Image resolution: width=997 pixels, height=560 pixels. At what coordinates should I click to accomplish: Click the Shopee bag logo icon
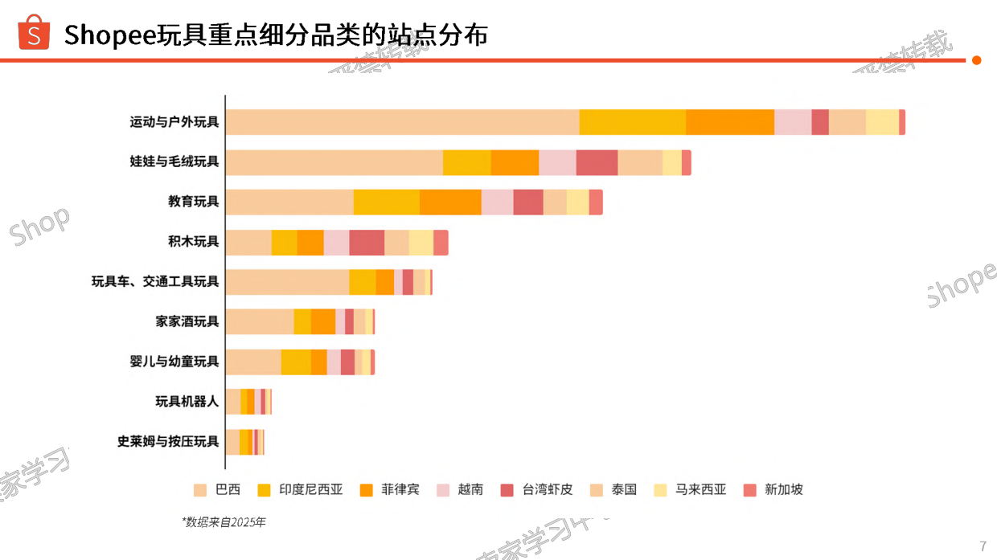34,33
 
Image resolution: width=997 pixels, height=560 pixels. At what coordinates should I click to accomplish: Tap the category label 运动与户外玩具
174,122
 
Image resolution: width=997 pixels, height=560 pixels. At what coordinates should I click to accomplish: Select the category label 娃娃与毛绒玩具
174,161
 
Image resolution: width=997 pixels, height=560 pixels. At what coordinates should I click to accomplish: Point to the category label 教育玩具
193,202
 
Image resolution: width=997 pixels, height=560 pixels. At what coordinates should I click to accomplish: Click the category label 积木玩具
193,242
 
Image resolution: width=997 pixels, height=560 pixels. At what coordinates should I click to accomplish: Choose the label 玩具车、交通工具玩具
154,282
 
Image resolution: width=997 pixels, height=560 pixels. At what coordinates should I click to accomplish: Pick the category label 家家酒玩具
187,321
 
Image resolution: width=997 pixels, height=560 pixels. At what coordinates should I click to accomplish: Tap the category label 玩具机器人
187,401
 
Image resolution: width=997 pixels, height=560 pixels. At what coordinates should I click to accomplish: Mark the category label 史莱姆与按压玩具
167,441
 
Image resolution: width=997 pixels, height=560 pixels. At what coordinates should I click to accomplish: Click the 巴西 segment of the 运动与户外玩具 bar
402,122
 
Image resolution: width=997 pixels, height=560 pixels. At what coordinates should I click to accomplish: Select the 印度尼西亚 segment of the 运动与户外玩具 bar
632,122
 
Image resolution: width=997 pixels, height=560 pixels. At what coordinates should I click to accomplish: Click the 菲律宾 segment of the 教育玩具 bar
450,202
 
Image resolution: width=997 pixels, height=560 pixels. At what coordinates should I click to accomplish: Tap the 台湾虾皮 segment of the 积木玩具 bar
367,242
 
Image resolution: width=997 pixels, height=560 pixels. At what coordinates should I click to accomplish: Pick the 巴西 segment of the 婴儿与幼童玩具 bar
253,362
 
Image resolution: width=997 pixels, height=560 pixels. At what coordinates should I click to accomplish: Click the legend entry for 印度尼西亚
302,489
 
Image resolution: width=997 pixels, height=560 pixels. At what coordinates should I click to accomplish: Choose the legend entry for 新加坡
773,489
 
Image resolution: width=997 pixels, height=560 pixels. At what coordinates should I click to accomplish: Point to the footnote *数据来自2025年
224,522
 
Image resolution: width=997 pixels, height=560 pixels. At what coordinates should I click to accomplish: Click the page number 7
983,546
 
